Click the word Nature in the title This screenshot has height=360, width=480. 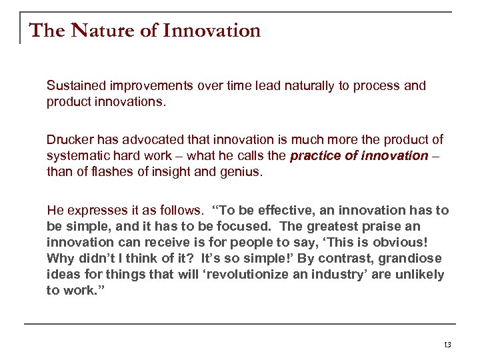(97, 31)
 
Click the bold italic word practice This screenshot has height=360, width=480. (315, 155)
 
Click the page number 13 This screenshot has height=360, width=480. (447, 345)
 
